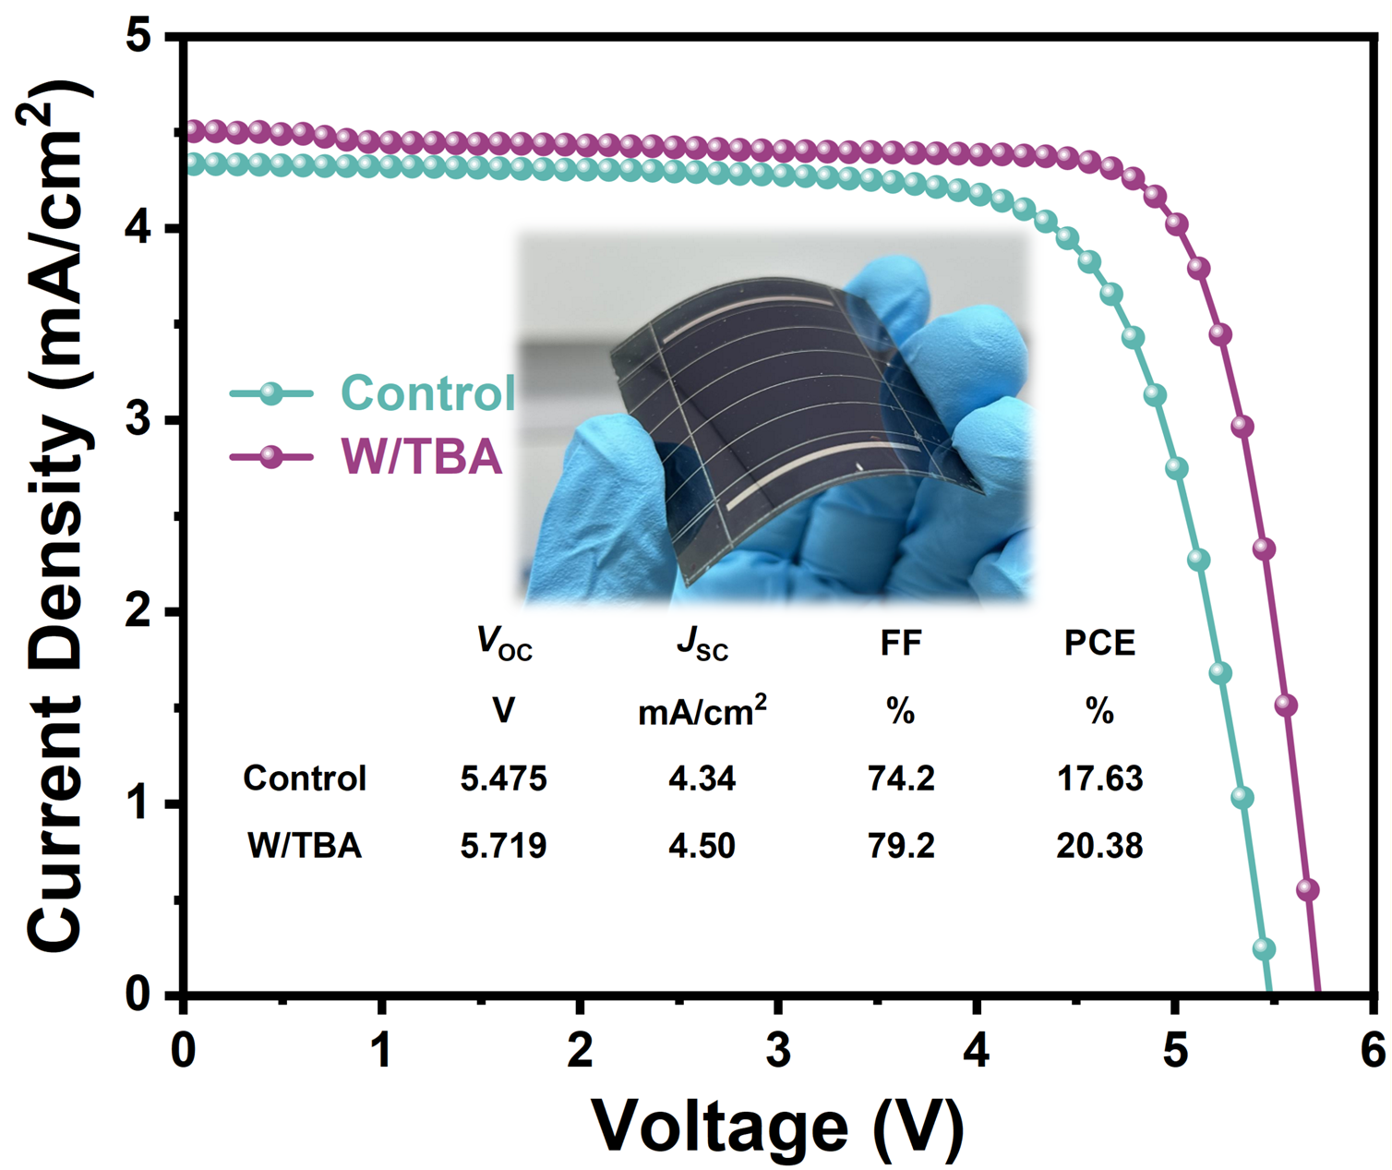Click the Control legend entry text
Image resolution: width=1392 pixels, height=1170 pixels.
pos(427,393)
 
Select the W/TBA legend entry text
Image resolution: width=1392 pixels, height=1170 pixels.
pos(422,456)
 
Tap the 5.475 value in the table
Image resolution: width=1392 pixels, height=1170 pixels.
pos(503,778)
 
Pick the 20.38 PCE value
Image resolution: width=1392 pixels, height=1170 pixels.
pos(1099,846)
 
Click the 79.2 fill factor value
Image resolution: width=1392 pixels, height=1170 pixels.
pos(901,846)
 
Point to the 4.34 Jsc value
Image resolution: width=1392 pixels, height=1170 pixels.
pos(702,778)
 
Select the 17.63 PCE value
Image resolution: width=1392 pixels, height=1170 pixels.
pos(1099,778)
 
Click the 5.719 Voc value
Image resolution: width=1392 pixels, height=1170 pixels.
pos(503,846)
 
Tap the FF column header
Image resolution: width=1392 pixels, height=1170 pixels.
pos(901,643)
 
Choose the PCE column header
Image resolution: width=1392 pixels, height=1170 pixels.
pos(1099,643)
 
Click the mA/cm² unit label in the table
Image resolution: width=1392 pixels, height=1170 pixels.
pos(702,711)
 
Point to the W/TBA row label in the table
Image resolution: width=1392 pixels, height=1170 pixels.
pos(305,846)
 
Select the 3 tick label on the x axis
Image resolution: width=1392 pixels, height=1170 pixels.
pos(778,1051)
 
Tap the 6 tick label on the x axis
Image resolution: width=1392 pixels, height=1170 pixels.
pos(1373,1051)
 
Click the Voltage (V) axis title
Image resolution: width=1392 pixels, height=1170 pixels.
pos(777,1125)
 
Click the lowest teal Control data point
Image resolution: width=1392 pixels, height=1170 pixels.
pos(1264,948)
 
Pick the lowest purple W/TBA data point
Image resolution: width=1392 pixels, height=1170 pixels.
pos(1307,889)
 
